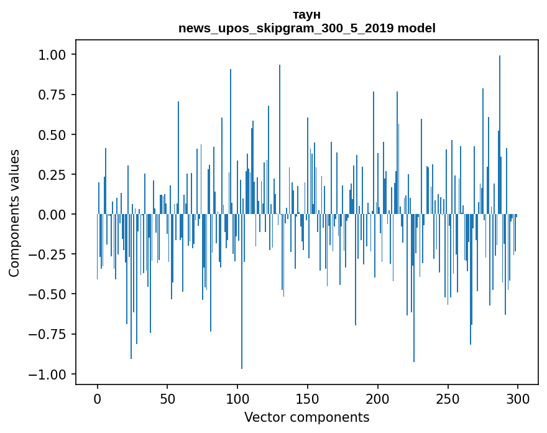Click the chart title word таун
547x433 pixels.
click(306, 14)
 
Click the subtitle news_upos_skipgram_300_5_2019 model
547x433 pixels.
click(306, 28)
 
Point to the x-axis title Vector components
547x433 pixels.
click(306, 417)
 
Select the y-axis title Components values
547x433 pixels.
click(14, 213)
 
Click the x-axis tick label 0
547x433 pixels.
click(98, 399)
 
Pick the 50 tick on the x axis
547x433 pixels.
click(167, 399)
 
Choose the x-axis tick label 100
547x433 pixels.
click(237, 399)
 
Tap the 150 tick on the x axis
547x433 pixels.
click(307, 399)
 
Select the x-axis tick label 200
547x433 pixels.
click(377, 399)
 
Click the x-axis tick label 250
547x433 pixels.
click(448, 399)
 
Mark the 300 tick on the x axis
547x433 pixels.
click(517, 399)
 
